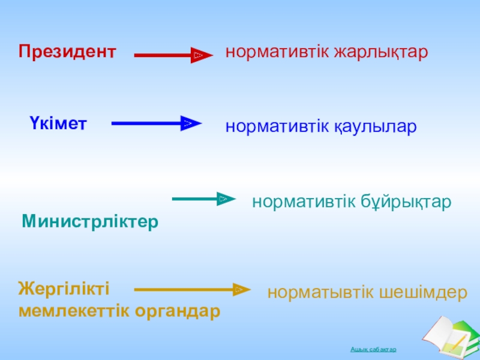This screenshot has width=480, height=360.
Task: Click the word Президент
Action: [x=67, y=52]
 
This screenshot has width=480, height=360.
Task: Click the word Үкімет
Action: [x=58, y=123]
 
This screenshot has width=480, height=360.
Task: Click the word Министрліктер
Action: [x=90, y=221]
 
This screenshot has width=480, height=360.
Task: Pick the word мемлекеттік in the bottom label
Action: [x=78, y=311]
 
